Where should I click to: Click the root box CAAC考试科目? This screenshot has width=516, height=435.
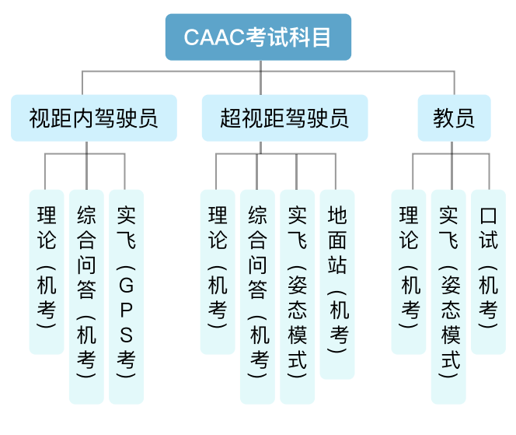[x=258, y=37]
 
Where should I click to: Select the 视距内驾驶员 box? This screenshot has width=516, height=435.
[x=93, y=118]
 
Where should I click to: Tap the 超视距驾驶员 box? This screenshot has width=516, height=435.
[x=284, y=118]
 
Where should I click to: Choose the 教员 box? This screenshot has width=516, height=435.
[x=454, y=118]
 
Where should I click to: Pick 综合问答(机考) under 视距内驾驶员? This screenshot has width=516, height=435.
[x=86, y=296]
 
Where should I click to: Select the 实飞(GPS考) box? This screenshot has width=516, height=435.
[x=126, y=296]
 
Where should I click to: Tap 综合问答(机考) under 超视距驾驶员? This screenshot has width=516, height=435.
[x=257, y=296]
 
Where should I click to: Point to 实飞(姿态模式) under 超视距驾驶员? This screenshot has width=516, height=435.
[x=297, y=296]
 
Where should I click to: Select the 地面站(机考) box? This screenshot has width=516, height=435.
[x=337, y=283]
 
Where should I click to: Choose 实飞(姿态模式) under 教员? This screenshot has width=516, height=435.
[x=448, y=296]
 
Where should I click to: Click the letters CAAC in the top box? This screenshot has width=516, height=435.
[x=213, y=37]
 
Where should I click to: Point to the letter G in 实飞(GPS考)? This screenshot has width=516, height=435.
[x=126, y=286]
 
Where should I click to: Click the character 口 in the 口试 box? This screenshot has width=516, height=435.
[x=488, y=216]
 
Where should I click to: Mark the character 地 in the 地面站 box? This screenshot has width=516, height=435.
[x=337, y=216]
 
